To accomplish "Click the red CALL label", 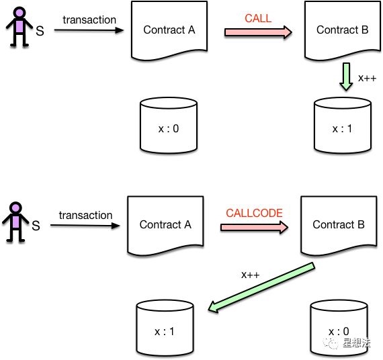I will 258,18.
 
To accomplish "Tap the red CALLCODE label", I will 253,213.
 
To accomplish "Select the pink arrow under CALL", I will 258,31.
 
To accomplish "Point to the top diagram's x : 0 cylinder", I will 168,126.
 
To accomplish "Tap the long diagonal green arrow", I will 262,287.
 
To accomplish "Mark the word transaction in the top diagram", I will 89,19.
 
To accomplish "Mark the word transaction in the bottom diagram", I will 85,215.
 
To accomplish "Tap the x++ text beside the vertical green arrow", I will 367,78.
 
